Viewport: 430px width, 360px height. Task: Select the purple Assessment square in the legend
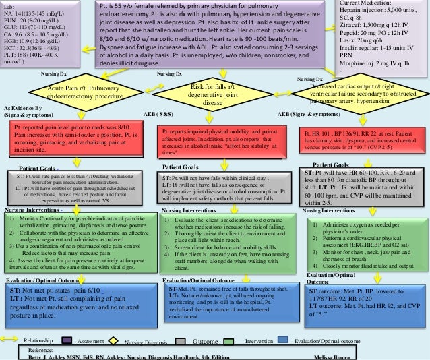67,342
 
